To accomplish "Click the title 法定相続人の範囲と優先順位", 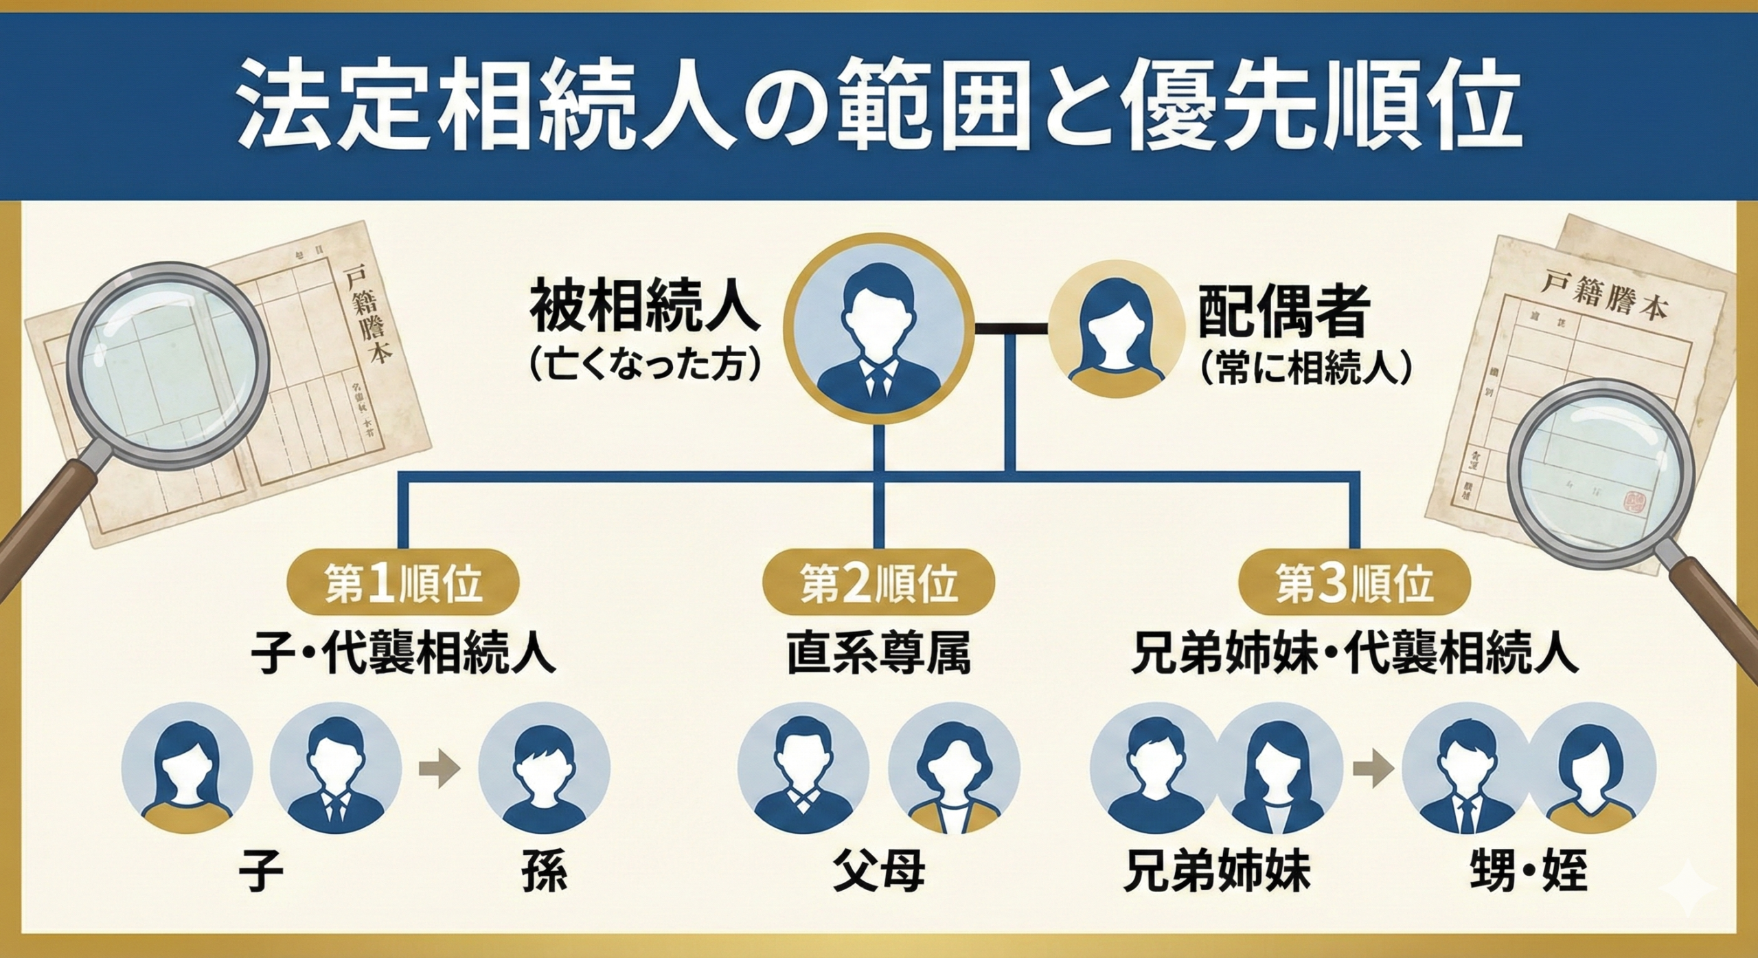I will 879,110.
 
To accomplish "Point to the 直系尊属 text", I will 879,655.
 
